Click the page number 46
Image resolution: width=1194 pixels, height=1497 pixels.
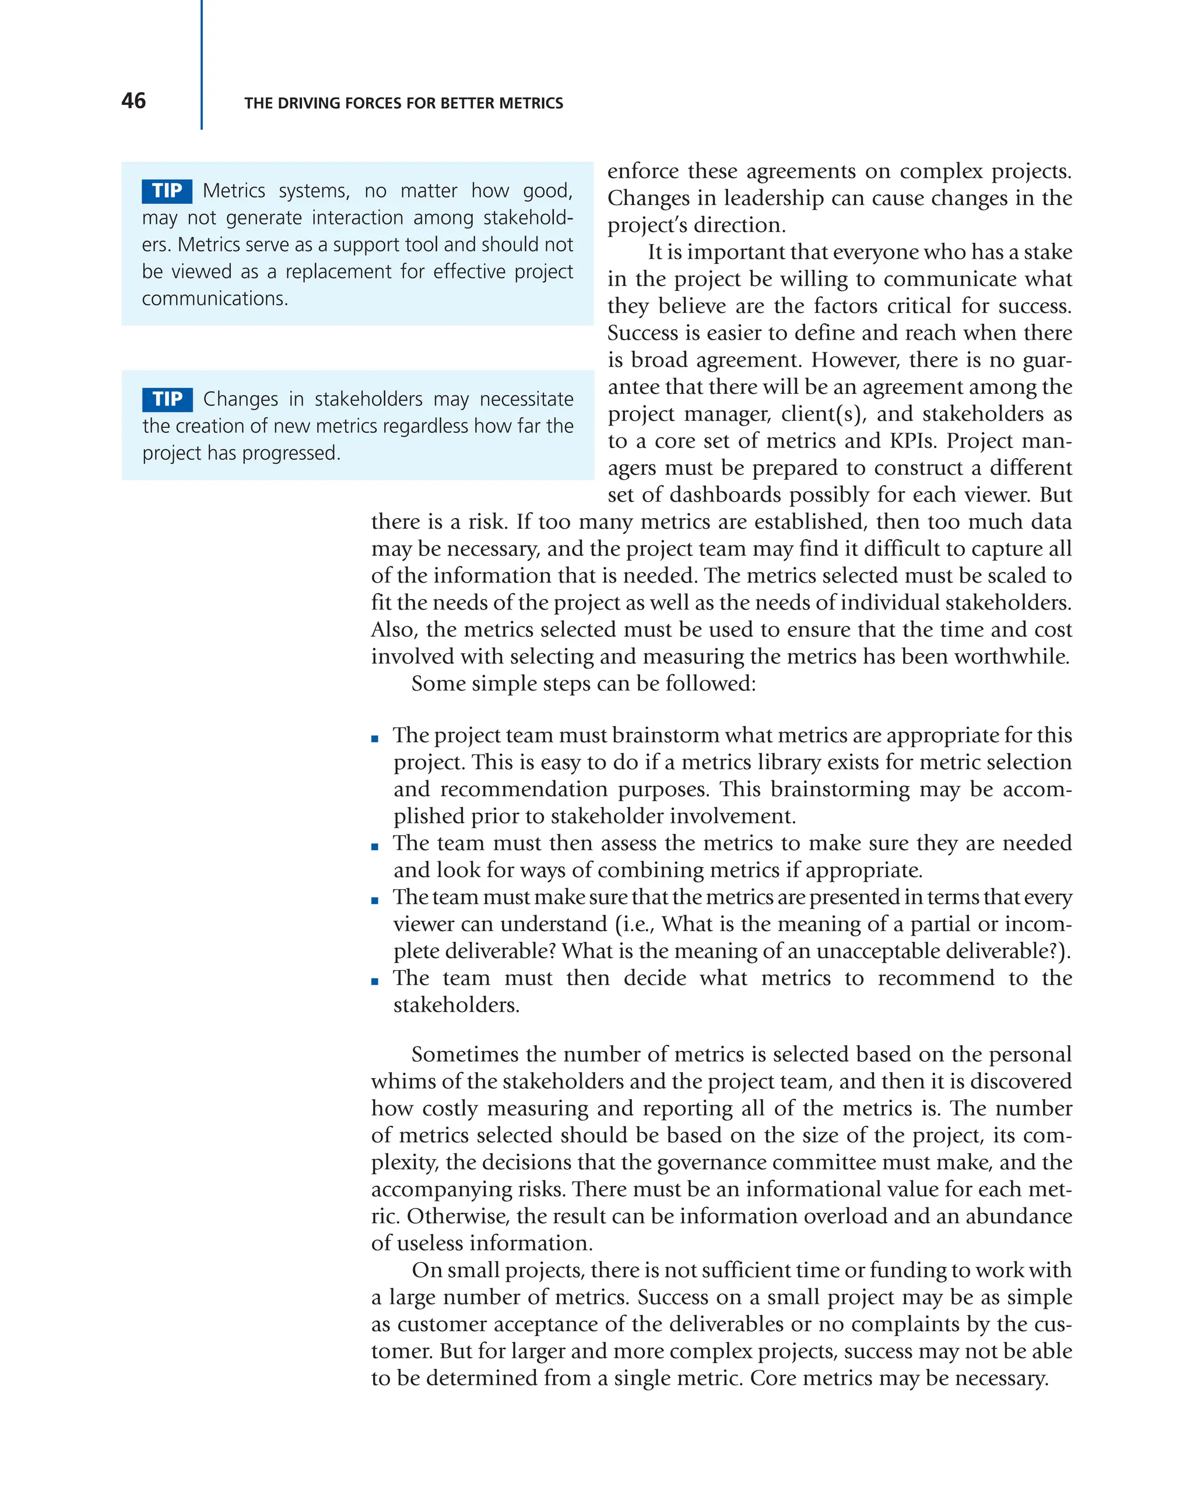[134, 101]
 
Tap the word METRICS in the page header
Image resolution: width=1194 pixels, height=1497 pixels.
[534, 104]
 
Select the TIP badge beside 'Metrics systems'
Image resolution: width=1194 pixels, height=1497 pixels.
[167, 191]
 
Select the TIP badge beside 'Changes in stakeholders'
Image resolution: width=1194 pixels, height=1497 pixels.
[167, 399]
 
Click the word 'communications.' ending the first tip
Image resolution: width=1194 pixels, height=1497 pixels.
[215, 298]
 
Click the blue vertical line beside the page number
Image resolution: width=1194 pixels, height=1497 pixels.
[202, 66]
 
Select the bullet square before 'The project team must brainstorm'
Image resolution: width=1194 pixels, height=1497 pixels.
[375, 739]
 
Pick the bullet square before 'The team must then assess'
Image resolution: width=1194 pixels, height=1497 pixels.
[375, 847]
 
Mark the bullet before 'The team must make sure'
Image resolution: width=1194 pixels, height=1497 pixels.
[375, 900]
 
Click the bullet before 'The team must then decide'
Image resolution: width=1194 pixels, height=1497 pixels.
[375, 982]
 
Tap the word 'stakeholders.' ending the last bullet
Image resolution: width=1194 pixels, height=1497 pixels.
[456, 1005]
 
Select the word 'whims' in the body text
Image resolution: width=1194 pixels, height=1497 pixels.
[399, 1082]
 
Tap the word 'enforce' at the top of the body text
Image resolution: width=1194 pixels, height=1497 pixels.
[643, 171]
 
